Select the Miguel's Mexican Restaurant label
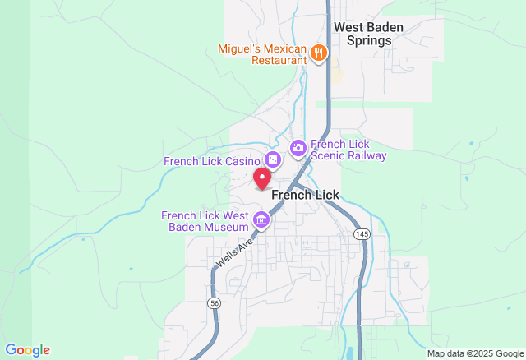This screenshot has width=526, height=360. click(261, 54)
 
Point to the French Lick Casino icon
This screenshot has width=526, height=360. click(274, 159)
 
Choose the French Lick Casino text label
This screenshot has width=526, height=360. click(212, 161)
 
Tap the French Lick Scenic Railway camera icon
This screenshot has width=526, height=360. click(298, 148)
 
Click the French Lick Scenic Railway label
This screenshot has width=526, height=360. click(348, 149)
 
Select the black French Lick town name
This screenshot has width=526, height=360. click(305, 195)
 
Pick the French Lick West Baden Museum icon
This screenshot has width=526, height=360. click(261, 219)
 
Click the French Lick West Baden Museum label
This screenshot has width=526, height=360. click(205, 221)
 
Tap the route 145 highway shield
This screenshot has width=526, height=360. click(362, 235)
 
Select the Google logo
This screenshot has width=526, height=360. click(27, 350)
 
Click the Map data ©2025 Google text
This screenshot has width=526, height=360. click(474, 354)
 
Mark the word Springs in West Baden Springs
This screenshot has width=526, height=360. click(368, 39)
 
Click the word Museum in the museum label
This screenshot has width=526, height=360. click(227, 227)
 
